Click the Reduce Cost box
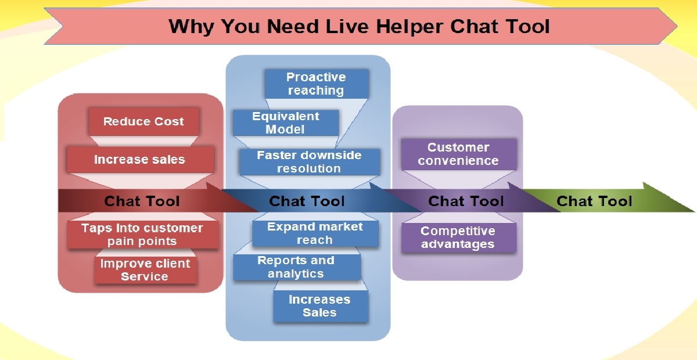click(x=143, y=122)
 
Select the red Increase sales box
click(x=139, y=160)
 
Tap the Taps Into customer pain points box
click(x=142, y=235)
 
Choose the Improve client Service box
click(x=145, y=270)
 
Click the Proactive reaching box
click(x=316, y=84)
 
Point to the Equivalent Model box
click(x=285, y=123)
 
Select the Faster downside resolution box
click(x=309, y=162)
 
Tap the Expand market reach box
click(x=315, y=233)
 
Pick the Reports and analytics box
click(x=296, y=267)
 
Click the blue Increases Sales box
click(x=320, y=306)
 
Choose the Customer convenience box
click(x=458, y=154)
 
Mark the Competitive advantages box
click(x=458, y=237)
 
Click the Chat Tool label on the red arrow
click(x=142, y=201)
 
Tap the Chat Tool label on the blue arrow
click(x=307, y=201)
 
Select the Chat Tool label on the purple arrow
click(x=466, y=201)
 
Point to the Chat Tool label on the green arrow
click(x=594, y=201)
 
